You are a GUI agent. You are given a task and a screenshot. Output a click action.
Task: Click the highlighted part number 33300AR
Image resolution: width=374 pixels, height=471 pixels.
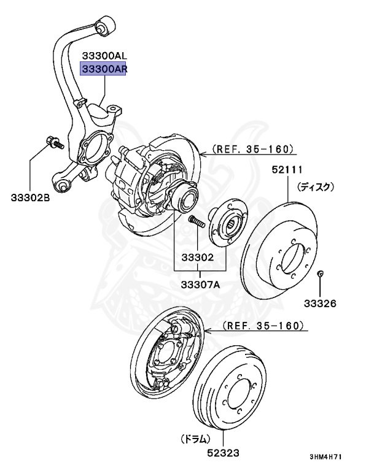click(x=104, y=69)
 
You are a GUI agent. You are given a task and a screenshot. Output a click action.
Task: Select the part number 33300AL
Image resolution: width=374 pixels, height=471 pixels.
click(x=104, y=56)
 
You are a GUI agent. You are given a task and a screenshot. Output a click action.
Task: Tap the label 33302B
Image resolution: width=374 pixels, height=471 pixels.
click(x=31, y=197)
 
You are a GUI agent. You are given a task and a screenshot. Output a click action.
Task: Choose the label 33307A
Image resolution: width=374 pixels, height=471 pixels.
click(x=201, y=284)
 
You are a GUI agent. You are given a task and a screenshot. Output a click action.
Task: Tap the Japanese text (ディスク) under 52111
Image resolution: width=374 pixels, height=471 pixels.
click(x=316, y=186)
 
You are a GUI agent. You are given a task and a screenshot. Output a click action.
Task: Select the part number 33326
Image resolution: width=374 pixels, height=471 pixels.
click(x=321, y=304)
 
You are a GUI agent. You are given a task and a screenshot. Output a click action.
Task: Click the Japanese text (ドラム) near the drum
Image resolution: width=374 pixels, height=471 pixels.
click(x=195, y=439)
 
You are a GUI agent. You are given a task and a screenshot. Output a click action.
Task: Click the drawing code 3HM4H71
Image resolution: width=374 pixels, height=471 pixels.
click(x=333, y=457)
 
